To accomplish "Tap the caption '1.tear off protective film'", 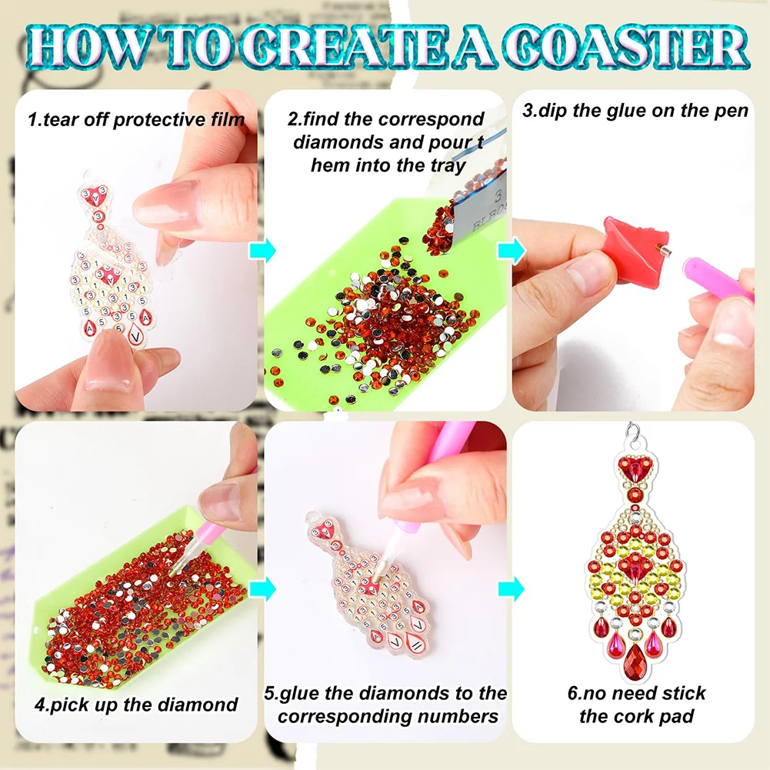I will point(136,119).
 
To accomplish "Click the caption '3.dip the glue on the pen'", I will point(635,110).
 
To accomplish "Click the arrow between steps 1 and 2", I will point(262,251).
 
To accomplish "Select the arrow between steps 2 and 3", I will point(509,251).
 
